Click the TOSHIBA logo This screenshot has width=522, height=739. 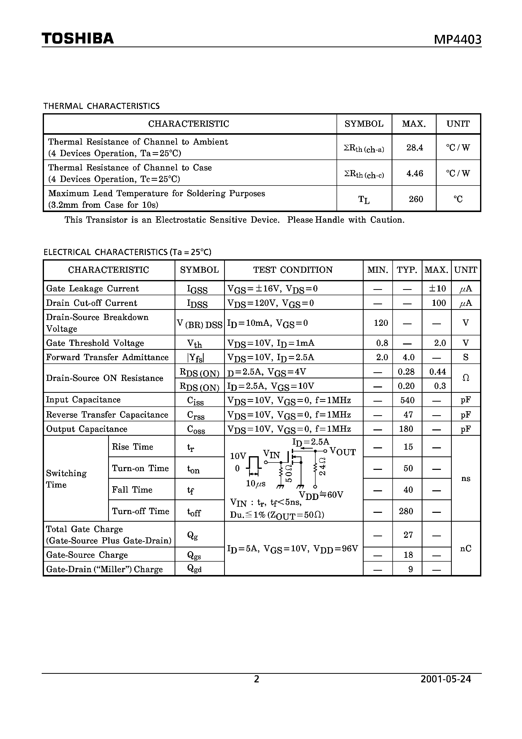point(78,39)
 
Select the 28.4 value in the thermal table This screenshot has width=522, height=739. point(415,148)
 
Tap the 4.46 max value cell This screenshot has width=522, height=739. point(415,173)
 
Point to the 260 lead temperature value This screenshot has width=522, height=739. point(415,199)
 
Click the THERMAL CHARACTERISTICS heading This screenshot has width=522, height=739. point(101,106)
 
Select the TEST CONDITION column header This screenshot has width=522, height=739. point(293,270)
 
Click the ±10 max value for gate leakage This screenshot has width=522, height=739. point(437,288)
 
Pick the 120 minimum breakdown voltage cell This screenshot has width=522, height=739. point(381,323)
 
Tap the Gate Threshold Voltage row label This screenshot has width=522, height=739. point(95,343)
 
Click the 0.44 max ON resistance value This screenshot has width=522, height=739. point(437,372)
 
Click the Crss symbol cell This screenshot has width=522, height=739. point(196,415)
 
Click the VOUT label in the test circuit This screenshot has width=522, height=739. point(343,452)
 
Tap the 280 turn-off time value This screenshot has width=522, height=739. point(406,511)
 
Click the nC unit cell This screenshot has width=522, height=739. point(465,548)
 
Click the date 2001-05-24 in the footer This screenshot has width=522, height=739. point(445,679)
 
